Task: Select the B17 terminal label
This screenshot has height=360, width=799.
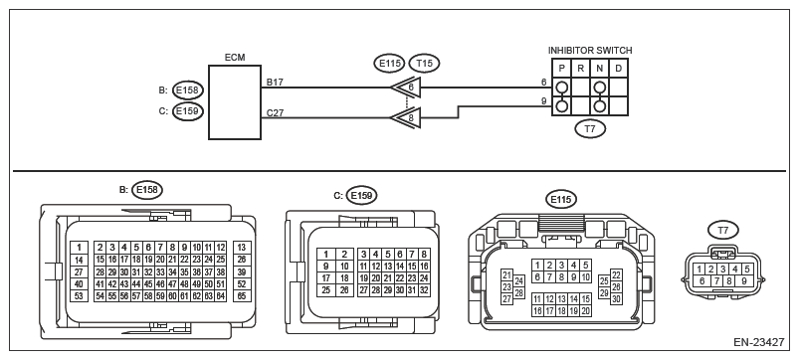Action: pyautogui.click(x=276, y=82)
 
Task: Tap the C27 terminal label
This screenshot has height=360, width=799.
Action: pyautogui.click(x=276, y=113)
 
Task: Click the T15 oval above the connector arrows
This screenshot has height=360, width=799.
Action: pyautogui.click(x=424, y=63)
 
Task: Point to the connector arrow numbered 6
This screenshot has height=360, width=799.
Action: pyautogui.click(x=406, y=88)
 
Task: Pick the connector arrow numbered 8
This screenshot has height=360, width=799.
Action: pyautogui.click(x=406, y=118)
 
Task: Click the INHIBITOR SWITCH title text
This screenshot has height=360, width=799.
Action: pyautogui.click(x=590, y=51)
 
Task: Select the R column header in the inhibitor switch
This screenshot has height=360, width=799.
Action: pyautogui.click(x=580, y=69)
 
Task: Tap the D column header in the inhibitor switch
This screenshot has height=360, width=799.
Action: pyautogui.click(x=618, y=69)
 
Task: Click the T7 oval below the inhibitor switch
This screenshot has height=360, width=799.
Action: pyautogui.click(x=590, y=129)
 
